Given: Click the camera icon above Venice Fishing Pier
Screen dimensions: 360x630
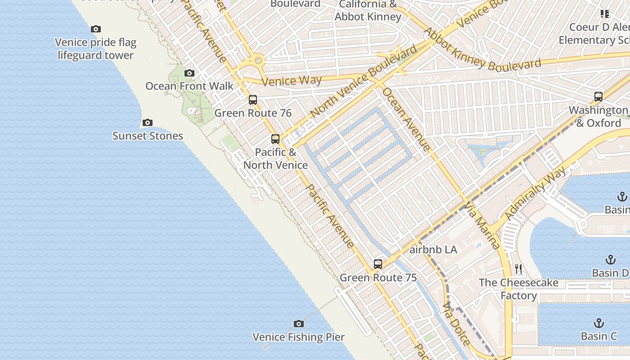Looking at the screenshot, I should click(298, 324).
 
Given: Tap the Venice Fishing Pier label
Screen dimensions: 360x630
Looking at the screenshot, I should click(298, 337).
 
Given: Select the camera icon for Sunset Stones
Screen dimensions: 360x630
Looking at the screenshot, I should click(147, 122).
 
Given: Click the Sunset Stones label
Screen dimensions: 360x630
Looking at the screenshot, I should click(148, 136).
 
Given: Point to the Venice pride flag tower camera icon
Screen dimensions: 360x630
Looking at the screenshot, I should click(96, 29).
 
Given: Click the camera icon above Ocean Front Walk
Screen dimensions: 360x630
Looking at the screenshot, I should click(189, 73).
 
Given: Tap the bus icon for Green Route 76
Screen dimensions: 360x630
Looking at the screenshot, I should click(253, 100).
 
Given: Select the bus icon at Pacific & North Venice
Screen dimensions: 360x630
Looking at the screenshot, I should click(275, 139).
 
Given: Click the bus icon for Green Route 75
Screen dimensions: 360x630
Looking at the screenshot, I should click(378, 264).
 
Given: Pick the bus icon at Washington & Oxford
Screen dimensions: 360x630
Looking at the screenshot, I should click(598, 96).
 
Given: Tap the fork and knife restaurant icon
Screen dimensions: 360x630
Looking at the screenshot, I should click(518, 269).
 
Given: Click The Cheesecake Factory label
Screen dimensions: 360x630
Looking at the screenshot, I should click(518, 289).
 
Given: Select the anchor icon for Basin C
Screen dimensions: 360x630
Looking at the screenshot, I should click(598, 323).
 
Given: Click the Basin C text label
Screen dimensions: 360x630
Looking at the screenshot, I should click(598, 336).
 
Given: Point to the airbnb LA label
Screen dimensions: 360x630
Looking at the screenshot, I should click(433, 250).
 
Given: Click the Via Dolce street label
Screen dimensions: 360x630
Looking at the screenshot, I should click(456, 324).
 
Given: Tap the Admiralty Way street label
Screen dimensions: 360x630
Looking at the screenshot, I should click(535, 194).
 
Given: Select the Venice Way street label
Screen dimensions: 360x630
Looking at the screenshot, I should click(292, 81).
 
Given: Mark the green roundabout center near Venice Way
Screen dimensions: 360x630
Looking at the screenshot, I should click(258, 60).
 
